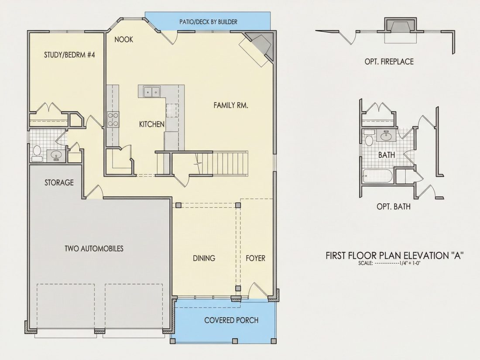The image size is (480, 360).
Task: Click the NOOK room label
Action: click(123, 39)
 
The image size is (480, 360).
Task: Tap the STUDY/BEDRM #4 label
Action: click(69, 55)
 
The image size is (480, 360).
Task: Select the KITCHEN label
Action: click(151, 124)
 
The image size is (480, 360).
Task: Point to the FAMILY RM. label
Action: click(231, 105)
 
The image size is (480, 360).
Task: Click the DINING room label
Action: click(204, 258)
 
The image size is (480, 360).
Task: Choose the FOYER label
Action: click(255, 258)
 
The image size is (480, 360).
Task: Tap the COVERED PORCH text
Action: click(231, 321)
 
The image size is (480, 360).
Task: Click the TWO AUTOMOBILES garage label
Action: click(94, 248)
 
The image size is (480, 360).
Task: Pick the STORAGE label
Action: click(59, 183)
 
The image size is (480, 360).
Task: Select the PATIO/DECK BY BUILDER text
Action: click(208, 22)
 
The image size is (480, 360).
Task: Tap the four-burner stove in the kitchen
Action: click(113, 120)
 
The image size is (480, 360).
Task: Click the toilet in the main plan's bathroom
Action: click(37, 153)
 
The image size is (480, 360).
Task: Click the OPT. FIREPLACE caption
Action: click(389, 62)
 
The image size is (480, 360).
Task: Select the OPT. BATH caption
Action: click(393, 207)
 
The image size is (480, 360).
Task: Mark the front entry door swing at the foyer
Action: click(257, 291)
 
